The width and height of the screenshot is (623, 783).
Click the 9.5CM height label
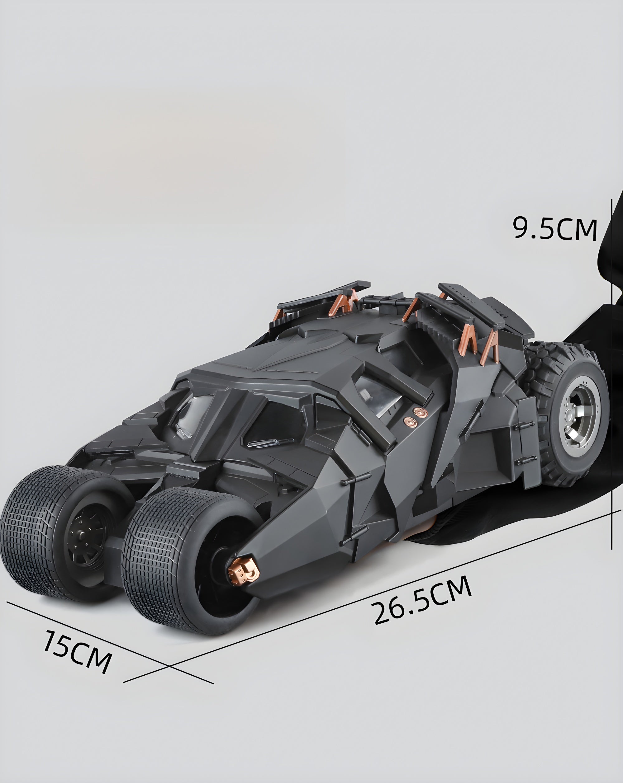(555, 229)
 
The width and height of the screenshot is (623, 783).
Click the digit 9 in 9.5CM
(521, 228)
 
